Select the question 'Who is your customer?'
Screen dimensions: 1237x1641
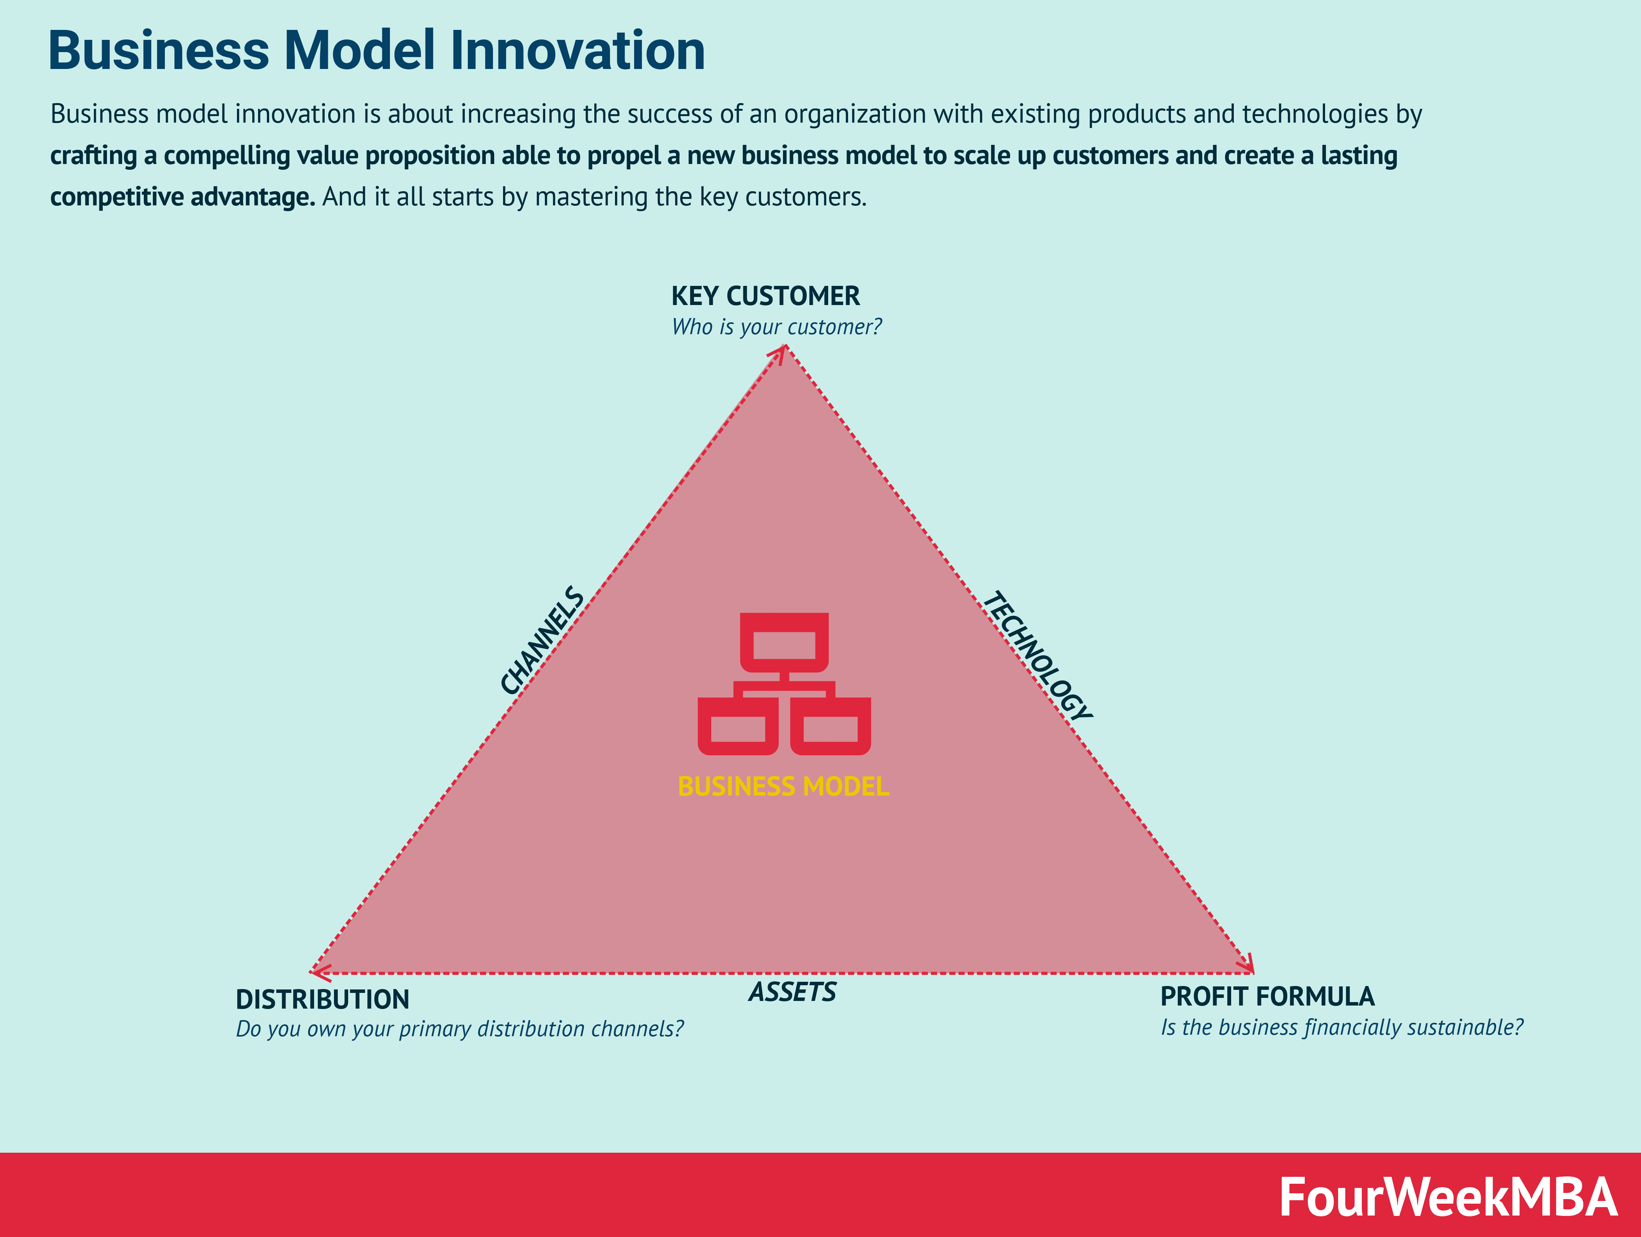776,327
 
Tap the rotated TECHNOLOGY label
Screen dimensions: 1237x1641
1037,656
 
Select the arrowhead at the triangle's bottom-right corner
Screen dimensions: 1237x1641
1248,966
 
